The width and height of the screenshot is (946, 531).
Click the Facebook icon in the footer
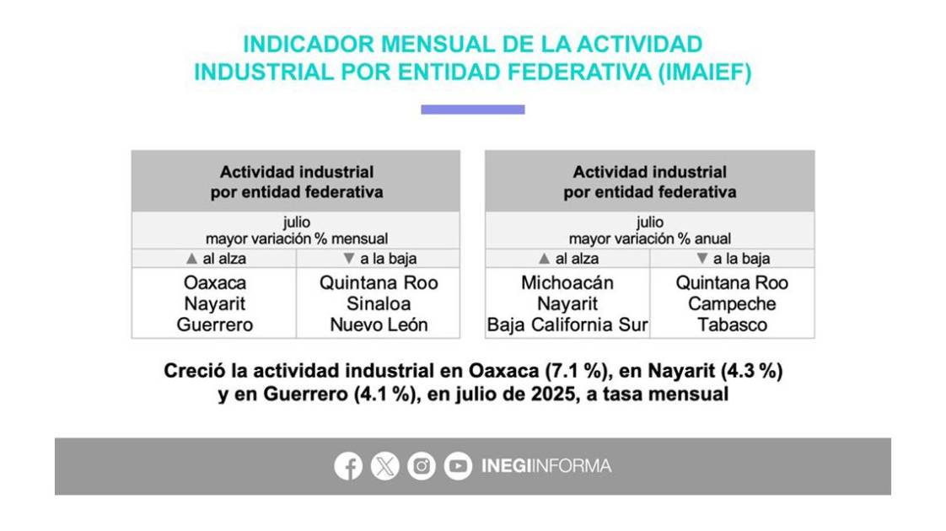click(x=348, y=466)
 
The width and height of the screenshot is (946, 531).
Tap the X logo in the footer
click(x=385, y=466)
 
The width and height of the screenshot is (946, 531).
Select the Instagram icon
click(x=421, y=466)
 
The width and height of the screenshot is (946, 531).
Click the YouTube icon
click(x=458, y=466)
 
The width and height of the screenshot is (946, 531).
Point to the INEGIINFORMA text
click(x=546, y=466)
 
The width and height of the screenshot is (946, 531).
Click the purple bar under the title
click(x=473, y=110)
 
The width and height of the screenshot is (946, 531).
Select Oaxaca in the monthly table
click(x=215, y=282)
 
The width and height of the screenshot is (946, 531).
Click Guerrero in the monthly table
click(x=215, y=324)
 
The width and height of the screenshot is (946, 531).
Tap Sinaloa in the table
click(x=379, y=303)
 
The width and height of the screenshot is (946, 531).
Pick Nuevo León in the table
click(x=379, y=324)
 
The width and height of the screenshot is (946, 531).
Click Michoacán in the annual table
click(x=567, y=282)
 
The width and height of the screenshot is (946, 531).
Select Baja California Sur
click(x=567, y=324)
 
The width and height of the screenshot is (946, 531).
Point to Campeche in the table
click(x=732, y=303)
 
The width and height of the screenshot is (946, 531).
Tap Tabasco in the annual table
click(x=732, y=324)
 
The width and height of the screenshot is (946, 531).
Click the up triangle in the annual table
click(x=544, y=258)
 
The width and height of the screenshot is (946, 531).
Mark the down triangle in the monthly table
click(x=349, y=258)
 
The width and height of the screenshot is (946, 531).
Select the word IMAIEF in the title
click(x=705, y=72)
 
